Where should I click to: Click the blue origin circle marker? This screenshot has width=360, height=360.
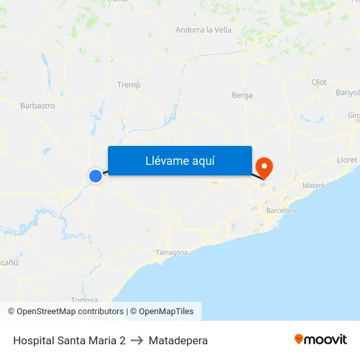(96, 175)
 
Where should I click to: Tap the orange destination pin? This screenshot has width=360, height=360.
(265, 166)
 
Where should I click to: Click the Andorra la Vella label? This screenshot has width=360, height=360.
(204, 29)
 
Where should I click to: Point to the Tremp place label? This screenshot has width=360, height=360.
(128, 84)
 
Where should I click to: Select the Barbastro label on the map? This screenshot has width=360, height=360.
(37, 105)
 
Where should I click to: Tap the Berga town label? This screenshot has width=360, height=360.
(242, 95)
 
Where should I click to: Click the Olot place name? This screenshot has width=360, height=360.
(319, 82)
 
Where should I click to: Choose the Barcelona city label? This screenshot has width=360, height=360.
(281, 210)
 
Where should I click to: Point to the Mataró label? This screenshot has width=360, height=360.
(314, 185)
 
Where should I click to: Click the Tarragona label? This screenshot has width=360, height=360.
(171, 252)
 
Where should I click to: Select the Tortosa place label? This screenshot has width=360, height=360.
(84, 300)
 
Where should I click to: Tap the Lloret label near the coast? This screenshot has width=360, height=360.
(348, 159)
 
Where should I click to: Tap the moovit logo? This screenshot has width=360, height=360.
(321, 339)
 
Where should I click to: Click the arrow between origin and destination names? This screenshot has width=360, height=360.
(137, 340)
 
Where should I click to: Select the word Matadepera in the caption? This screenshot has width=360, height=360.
(178, 340)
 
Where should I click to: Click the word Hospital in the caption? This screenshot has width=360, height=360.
(32, 340)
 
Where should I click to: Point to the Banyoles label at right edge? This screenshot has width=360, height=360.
(348, 92)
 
